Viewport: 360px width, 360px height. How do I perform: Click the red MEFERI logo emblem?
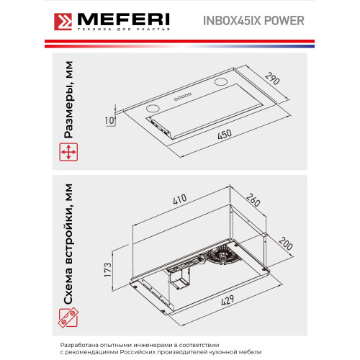click(63, 22)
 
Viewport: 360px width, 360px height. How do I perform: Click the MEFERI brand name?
click(124, 19)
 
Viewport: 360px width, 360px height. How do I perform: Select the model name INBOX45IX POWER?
click(253, 21)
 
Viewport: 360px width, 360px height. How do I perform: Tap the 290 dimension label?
click(273, 78)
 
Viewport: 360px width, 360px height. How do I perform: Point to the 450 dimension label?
click(225, 135)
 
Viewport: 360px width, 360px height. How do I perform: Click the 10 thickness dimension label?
click(109, 120)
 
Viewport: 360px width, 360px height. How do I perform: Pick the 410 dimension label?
click(180, 199)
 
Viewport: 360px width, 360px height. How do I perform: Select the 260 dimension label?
click(253, 200)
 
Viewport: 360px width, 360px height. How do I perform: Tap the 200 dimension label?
click(286, 243)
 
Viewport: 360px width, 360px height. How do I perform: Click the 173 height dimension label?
click(108, 270)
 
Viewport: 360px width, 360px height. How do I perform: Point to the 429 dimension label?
click(228, 300)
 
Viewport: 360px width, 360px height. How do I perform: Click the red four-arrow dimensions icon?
click(68, 152)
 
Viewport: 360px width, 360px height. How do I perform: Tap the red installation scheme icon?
click(68, 318)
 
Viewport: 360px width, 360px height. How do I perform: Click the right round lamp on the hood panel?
click(221, 82)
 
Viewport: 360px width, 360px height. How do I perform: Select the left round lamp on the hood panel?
click(153, 109)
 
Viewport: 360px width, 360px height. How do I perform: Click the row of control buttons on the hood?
click(183, 96)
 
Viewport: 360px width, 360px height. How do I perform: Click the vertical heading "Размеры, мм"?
click(68, 99)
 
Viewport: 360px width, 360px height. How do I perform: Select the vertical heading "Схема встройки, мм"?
click(68, 244)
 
